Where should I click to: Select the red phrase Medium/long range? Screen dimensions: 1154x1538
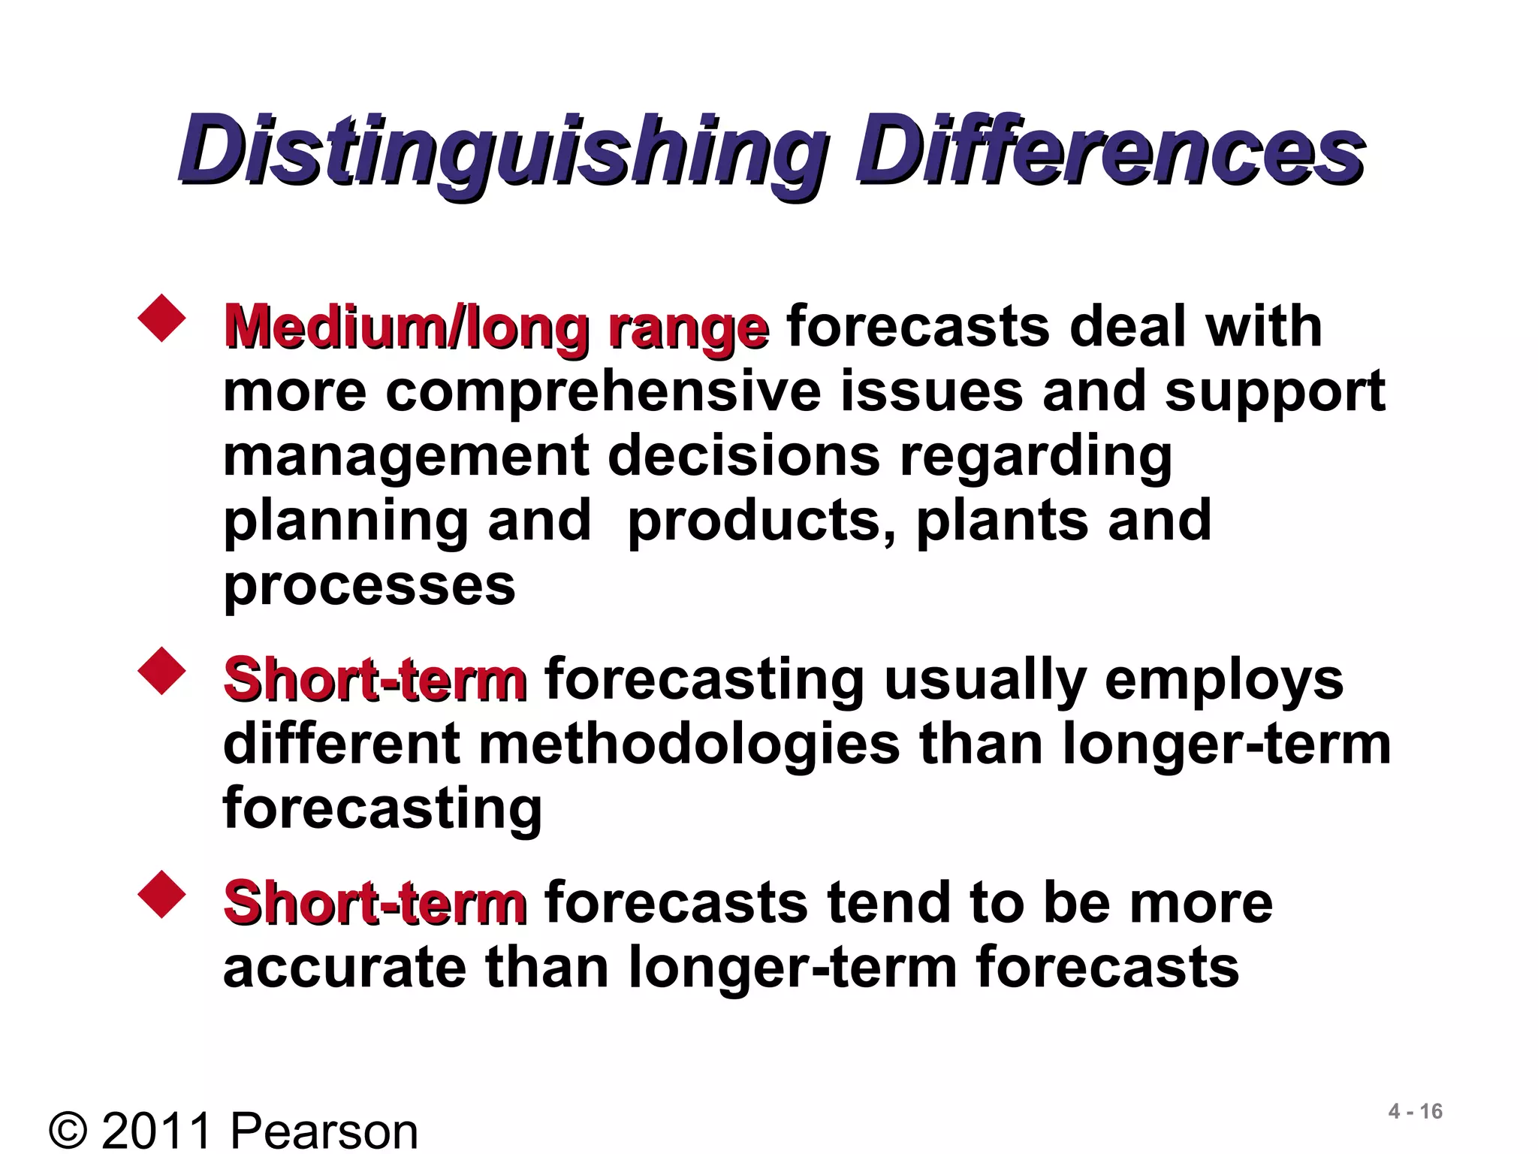[496, 328]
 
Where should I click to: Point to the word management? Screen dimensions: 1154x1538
[406, 457]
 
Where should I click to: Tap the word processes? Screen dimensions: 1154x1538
[369, 586]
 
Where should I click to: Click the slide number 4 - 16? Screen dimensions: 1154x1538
[1415, 1111]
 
